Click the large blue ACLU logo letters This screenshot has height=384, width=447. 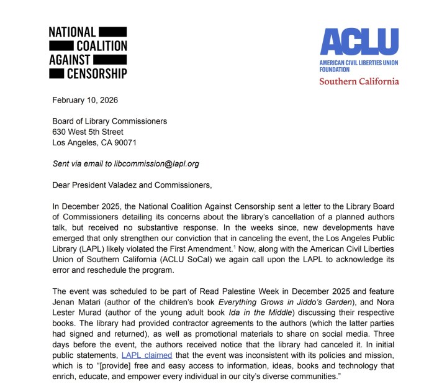[359, 42]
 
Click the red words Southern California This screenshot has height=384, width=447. [359, 81]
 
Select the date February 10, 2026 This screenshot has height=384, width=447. [85, 100]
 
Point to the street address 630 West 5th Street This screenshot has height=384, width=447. [88, 132]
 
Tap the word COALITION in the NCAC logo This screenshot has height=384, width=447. [101, 45]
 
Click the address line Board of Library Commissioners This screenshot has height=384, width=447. [109, 121]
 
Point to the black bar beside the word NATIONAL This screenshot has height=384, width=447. [112, 31]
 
